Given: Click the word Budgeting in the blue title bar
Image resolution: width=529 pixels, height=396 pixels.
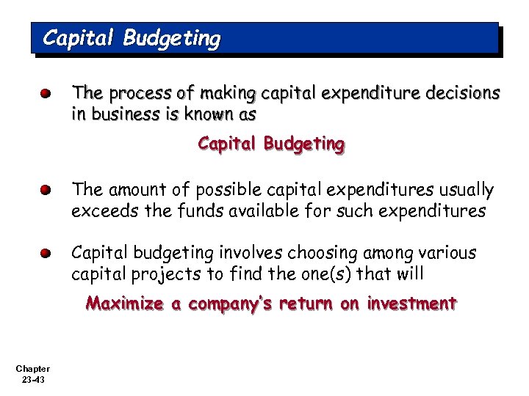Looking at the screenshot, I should (x=171, y=37).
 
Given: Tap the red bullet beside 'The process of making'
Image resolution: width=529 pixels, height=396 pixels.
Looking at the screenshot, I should (x=46, y=94).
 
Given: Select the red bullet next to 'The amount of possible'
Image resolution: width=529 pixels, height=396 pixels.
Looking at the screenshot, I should (x=46, y=191).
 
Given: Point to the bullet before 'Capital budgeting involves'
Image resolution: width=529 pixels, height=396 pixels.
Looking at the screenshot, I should (x=46, y=254).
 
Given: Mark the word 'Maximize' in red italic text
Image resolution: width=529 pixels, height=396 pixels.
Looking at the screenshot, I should (x=123, y=304).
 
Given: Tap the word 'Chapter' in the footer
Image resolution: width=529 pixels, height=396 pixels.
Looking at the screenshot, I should (x=32, y=368).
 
